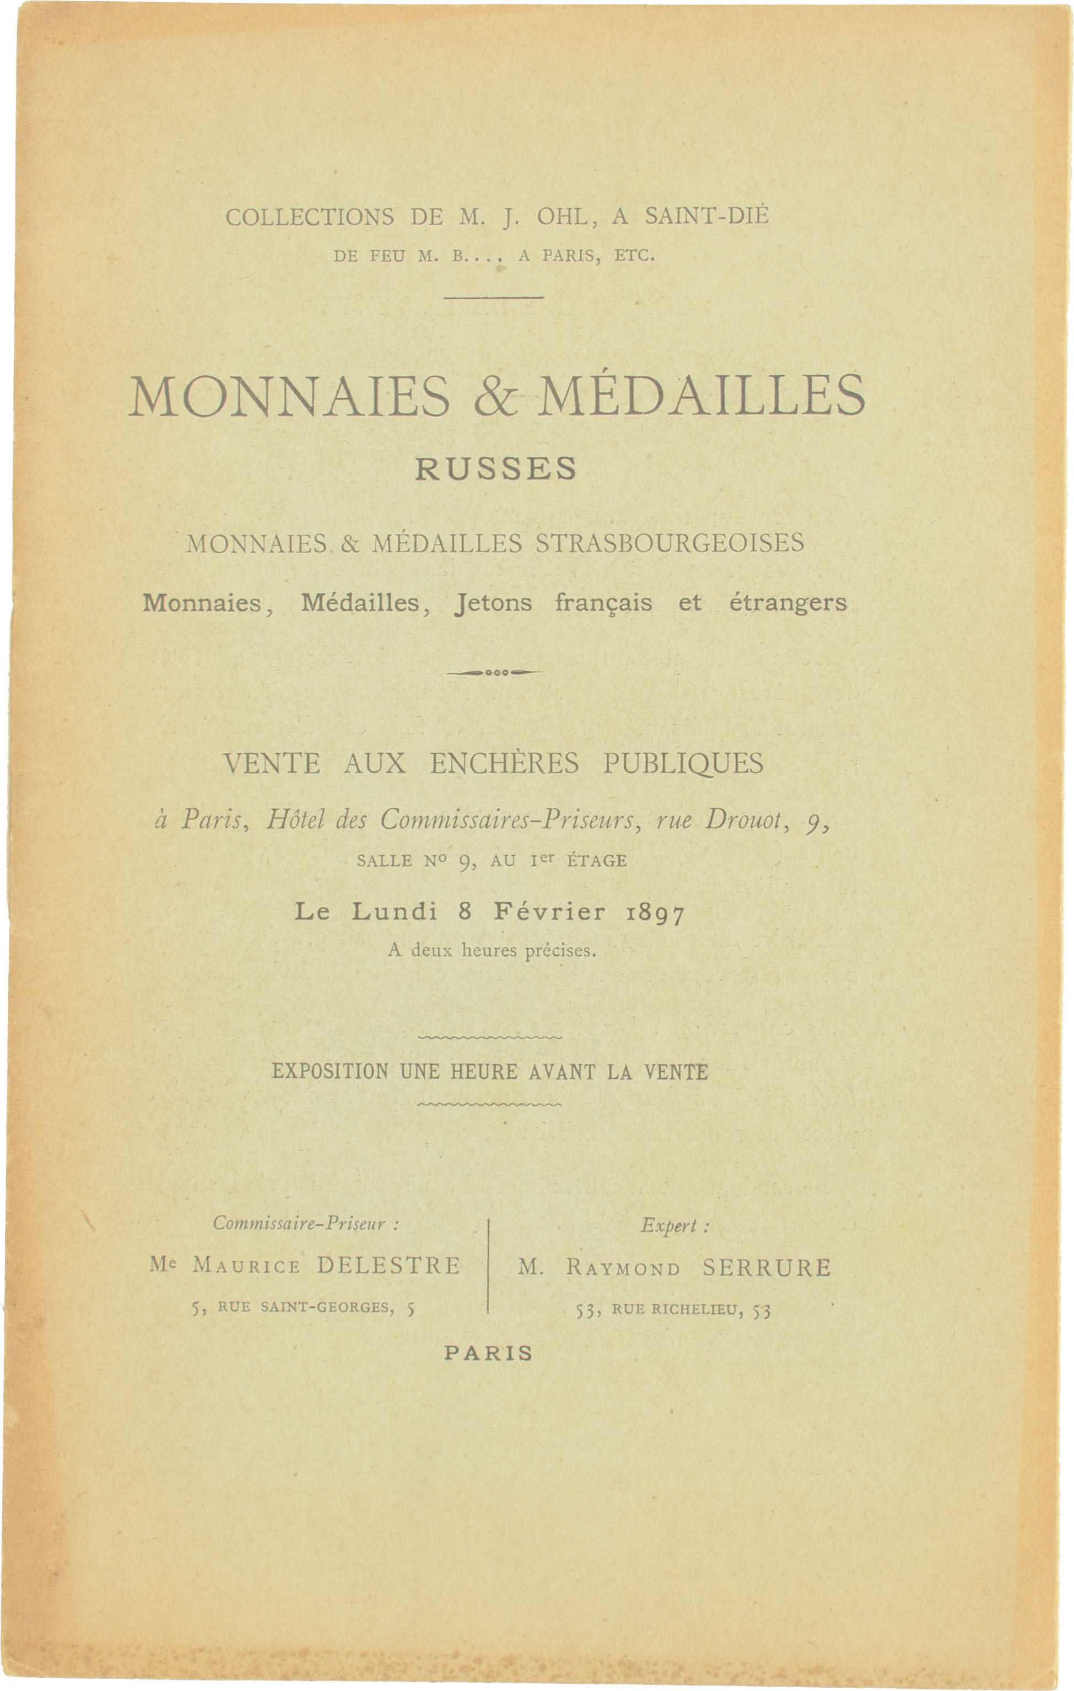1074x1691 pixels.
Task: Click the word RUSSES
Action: point(495,469)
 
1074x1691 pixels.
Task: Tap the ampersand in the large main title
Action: point(496,397)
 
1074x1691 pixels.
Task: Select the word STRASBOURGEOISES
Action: point(670,543)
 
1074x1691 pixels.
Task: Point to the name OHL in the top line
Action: point(562,217)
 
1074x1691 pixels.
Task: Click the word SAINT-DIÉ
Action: point(706,215)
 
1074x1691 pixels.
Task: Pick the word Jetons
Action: point(493,603)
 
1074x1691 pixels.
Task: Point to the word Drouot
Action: point(742,819)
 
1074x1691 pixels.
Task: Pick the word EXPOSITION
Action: point(330,1072)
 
